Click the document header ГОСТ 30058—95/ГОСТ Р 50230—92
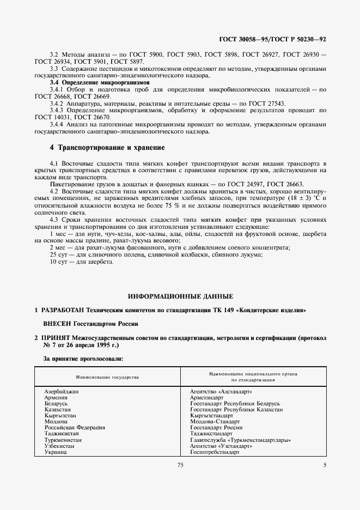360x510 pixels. click(279, 39)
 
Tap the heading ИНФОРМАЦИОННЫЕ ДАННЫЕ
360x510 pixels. click(180, 296)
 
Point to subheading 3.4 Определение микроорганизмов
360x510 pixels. click(91, 82)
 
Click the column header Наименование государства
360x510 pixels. click(107, 377)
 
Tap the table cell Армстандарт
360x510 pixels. click(206, 398)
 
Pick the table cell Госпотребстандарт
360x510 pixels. click(215, 452)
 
